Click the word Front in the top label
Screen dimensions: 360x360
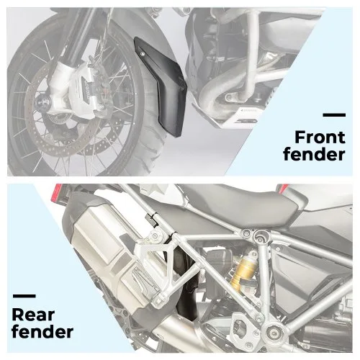click(320, 138)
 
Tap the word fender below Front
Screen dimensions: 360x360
click(315, 154)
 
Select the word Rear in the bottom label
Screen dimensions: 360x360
click(33, 315)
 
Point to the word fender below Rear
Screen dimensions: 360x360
click(42, 332)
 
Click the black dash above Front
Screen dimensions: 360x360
click(334, 115)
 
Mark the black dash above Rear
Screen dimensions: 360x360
click(24, 296)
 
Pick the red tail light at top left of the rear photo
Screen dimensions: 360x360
click(57, 194)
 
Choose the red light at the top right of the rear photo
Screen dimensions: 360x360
click(283, 188)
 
